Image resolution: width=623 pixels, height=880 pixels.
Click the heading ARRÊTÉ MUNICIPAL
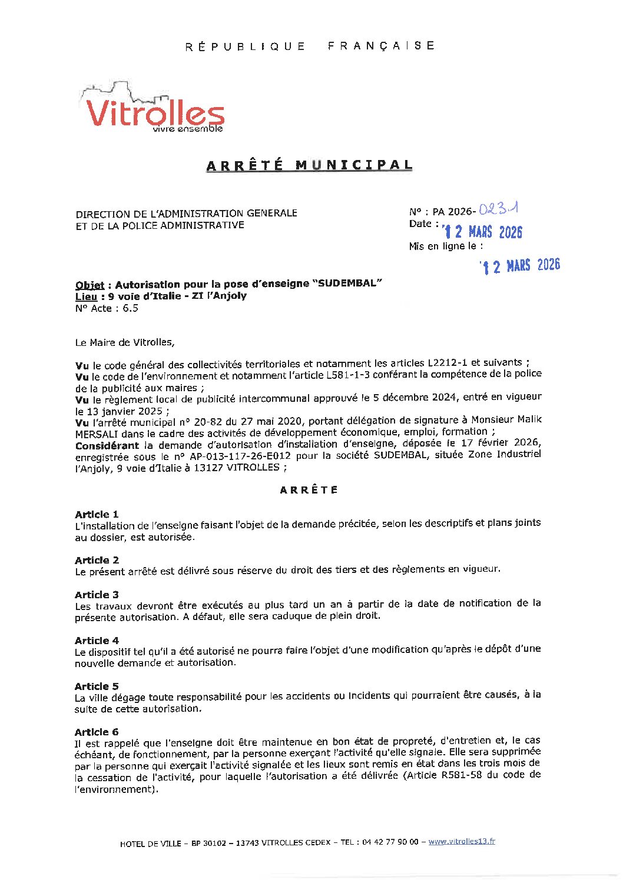[309, 165]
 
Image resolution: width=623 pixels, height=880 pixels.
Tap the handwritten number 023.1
[498, 209]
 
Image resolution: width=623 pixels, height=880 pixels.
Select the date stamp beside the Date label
[483, 232]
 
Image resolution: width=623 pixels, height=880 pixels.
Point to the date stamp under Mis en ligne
[519, 266]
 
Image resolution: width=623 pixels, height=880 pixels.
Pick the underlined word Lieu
[86, 296]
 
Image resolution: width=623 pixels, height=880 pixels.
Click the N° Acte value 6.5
[130, 308]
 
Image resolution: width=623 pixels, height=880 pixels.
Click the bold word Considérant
[107, 445]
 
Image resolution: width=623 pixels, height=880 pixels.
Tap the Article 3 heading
[97, 595]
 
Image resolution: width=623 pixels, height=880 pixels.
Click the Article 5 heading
[97, 686]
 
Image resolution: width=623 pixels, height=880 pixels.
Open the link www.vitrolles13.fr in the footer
[462, 842]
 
